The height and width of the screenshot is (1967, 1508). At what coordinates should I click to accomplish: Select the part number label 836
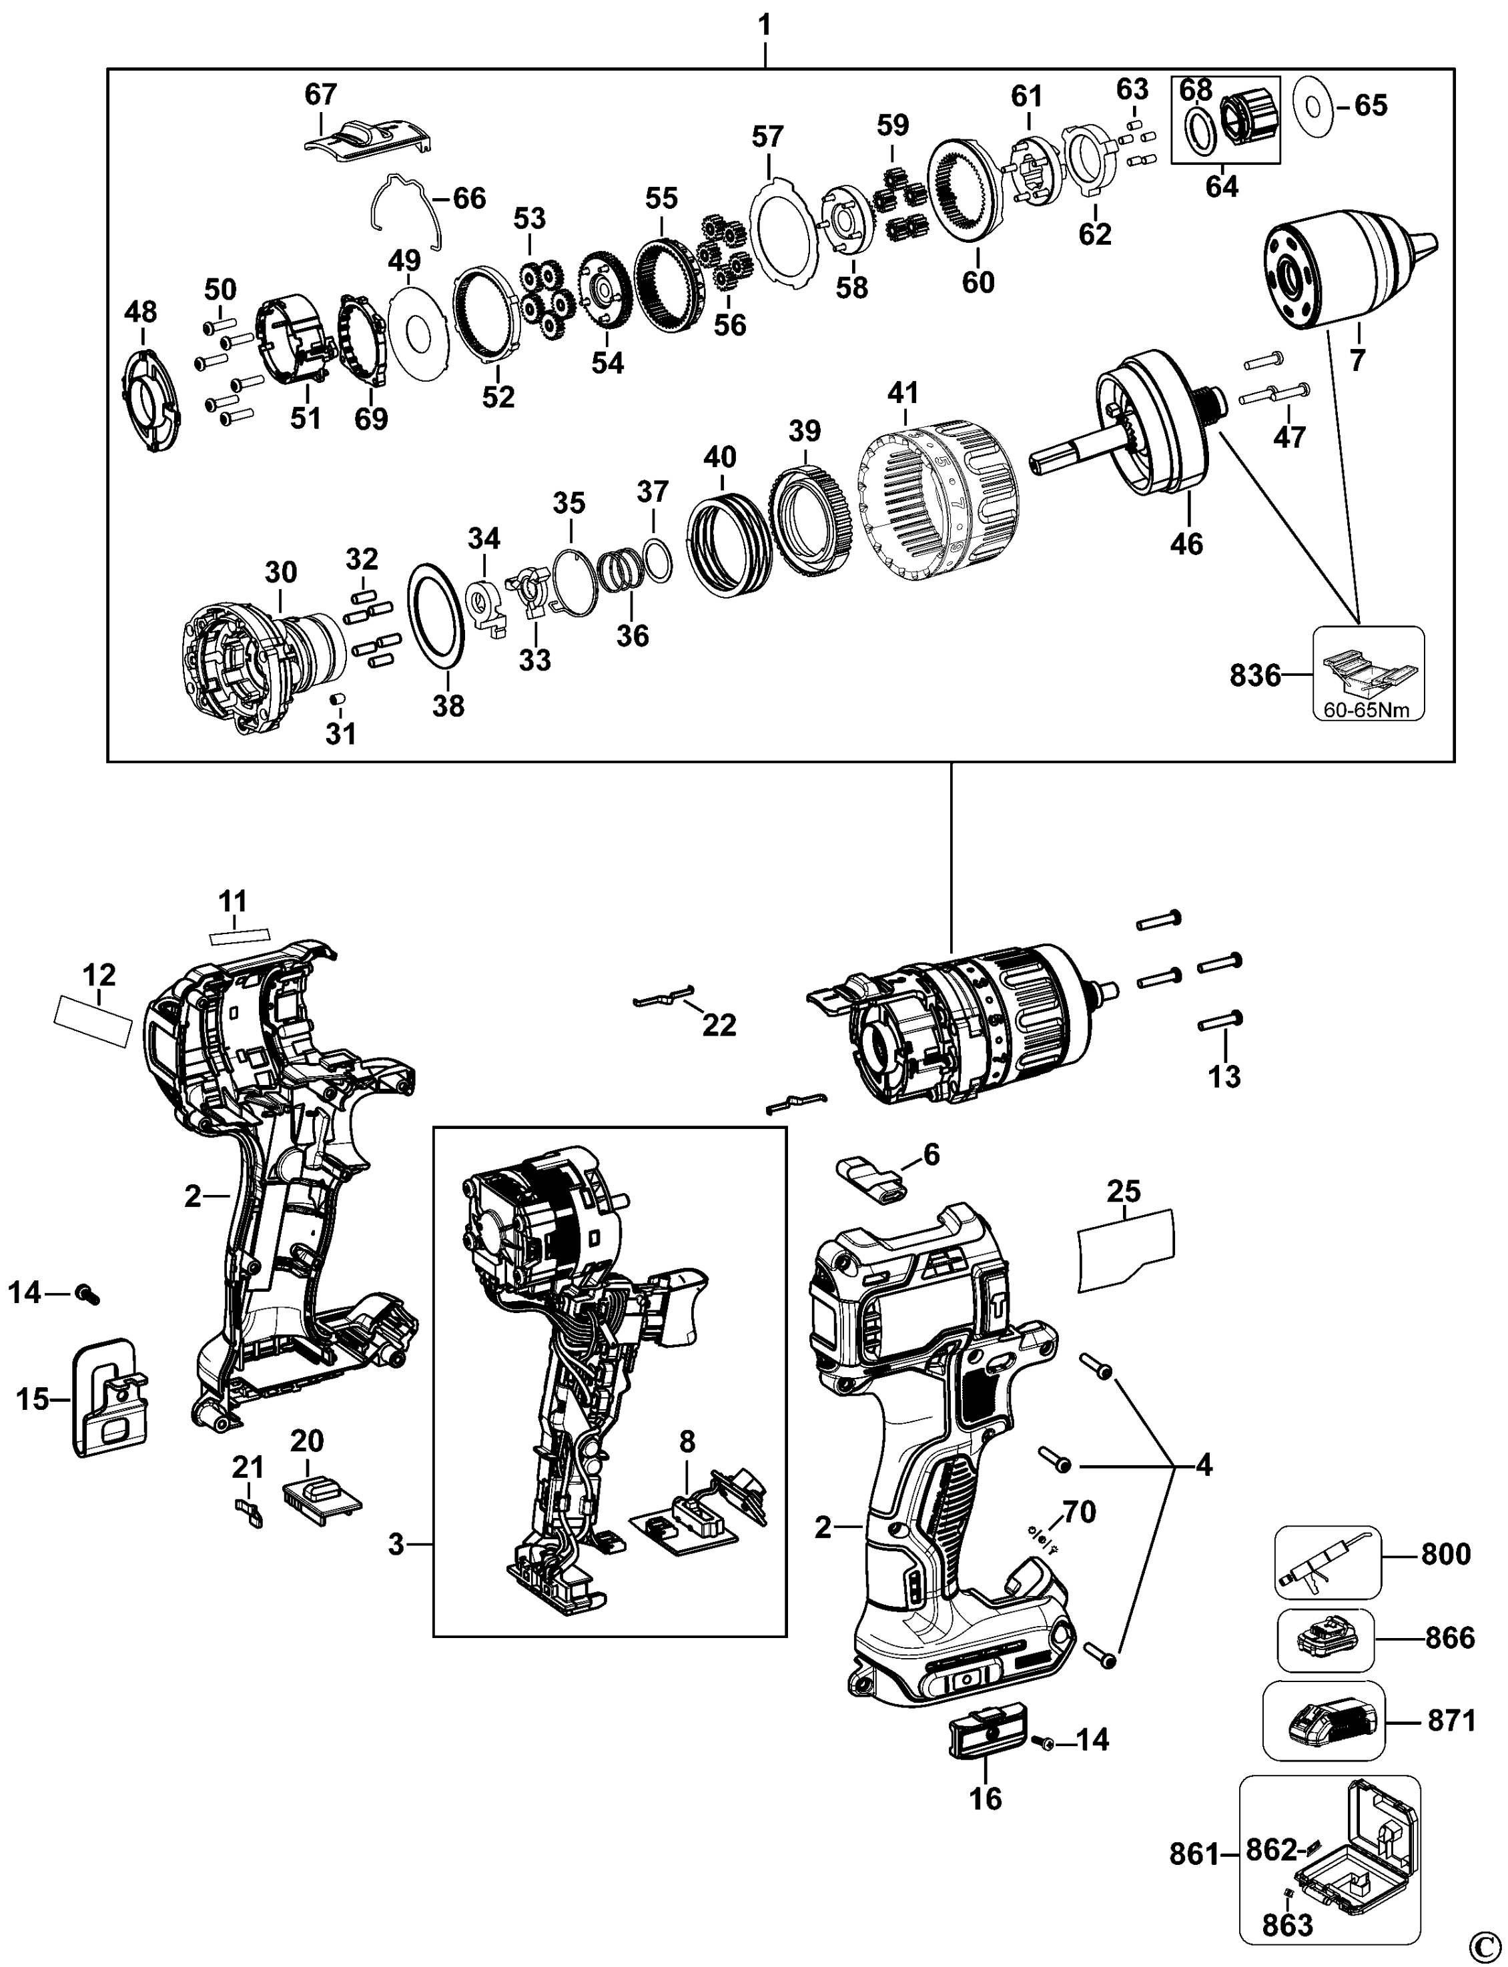[x=1255, y=674]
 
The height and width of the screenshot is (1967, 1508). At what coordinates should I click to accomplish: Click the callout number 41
[x=903, y=392]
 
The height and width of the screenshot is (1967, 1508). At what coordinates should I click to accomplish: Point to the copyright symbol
[x=1492, y=1943]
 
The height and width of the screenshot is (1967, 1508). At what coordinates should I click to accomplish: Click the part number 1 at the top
[x=765, y=25]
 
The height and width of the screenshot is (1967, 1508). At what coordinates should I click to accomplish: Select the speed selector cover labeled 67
[x=366, y=141]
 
